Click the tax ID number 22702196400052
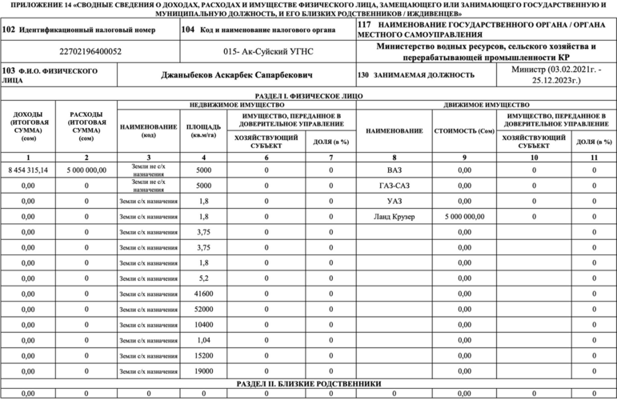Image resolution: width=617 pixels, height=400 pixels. tap(90, 51)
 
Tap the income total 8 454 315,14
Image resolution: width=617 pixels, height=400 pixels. tap(29, 170)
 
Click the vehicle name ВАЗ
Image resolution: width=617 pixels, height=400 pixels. tap(394, 170)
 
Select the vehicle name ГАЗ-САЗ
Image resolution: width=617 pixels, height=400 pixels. tap(394, 186)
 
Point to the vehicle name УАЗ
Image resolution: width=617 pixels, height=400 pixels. tap(394, 201)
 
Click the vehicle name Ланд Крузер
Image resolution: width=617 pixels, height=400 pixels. tap(394, 216)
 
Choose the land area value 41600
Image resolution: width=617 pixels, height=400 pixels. tap(204, 294)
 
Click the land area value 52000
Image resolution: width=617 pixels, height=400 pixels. tap(204, 309)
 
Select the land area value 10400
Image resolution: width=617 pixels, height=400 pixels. tap(204, 324)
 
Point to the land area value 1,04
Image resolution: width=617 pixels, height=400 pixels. tap(204, 339)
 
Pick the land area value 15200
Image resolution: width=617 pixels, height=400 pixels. tap(204, 354)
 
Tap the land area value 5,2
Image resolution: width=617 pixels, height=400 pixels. tap(204, 278)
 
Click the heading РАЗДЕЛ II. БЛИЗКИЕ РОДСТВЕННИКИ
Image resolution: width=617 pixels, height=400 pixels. tap(308, 383)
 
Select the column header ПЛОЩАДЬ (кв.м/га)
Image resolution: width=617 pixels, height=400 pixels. tap(204, 130)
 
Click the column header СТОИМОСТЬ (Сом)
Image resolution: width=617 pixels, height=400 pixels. tap(464, 130)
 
